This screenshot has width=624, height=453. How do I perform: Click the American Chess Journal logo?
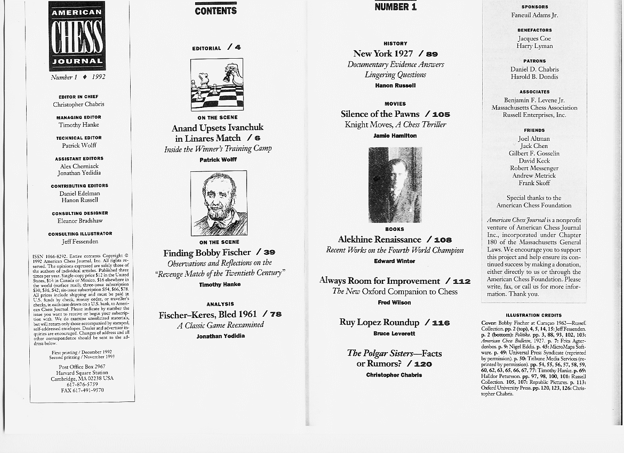77,36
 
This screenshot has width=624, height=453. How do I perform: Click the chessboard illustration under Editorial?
217,84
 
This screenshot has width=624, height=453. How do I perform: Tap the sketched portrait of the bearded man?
219,203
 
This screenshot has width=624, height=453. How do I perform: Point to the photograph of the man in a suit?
395,185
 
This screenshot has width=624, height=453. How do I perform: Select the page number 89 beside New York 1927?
432,54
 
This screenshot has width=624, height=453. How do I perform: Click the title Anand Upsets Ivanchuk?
217,128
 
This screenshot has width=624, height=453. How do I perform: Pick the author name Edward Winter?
394,261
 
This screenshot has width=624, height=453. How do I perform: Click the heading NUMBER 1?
396,7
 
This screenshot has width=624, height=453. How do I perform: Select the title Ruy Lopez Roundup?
379,322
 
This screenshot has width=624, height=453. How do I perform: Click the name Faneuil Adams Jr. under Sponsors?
534,15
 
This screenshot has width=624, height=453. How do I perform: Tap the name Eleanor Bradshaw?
80,221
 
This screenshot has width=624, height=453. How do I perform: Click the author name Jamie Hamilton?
395,136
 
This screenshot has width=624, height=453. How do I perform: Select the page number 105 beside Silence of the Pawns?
441,115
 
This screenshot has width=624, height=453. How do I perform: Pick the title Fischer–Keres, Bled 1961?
208,315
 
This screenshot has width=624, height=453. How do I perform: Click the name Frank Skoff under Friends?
534,183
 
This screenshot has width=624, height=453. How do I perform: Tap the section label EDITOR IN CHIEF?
78,97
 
